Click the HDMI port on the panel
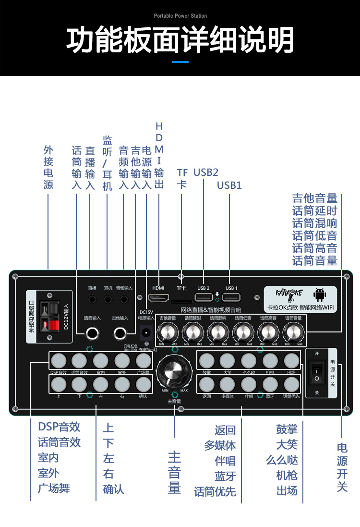click(x=158, y=298)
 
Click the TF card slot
click(x=181, y=302)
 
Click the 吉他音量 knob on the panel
click(x=168, y=332)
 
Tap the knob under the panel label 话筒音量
click(x=293, y=332)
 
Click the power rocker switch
click(x=317, y=373)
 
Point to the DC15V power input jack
click(x=146, y=331)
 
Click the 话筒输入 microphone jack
click(x=92, y=331)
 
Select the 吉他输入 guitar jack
click(x=120, y=331)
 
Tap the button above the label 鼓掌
click(x=207, y=360)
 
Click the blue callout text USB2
click(x=206, y=172)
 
